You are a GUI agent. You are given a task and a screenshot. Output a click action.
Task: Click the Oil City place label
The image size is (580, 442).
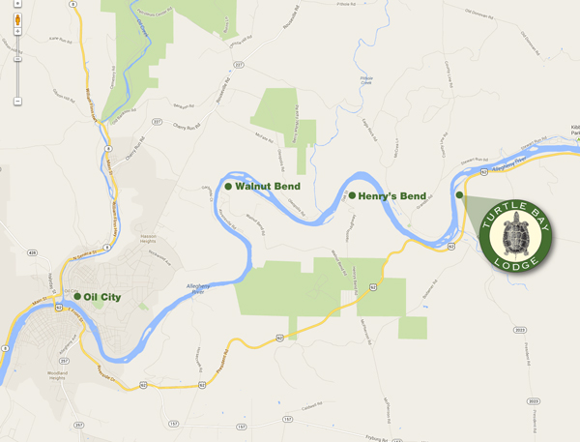pos(102,297)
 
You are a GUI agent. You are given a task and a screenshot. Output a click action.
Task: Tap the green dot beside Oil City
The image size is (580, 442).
pos(77,297)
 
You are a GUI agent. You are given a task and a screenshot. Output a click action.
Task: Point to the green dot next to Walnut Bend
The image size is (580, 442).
pos(228,186)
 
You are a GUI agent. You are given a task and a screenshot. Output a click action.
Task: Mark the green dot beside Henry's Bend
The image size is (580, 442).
pos(352,195)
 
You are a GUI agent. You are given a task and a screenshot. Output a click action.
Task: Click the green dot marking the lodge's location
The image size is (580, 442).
pos(459,195)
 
